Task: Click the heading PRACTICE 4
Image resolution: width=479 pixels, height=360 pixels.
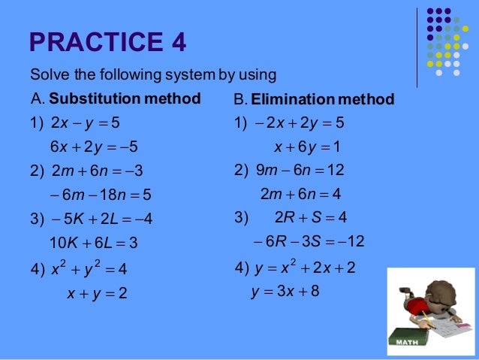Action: tap(107, 42)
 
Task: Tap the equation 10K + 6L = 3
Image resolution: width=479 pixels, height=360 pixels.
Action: tap(93, 243)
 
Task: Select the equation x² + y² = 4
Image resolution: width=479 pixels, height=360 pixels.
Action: tap(89, 268)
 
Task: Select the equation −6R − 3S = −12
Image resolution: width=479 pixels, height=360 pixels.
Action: tap(309, 241)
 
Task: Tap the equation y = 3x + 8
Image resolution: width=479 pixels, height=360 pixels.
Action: tap(285, 291)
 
